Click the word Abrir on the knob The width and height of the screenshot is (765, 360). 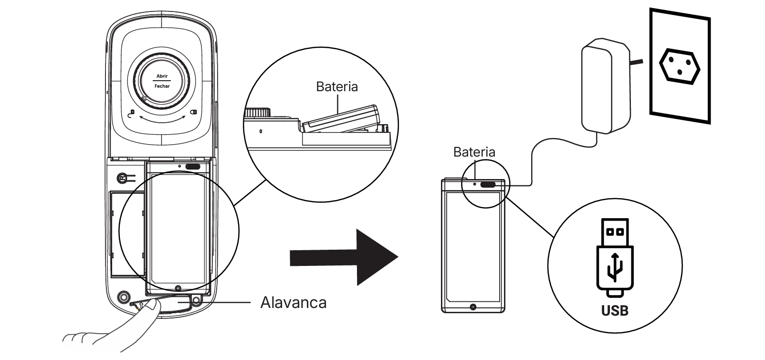tap(162, 76)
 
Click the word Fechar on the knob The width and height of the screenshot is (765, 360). tap(162, 86)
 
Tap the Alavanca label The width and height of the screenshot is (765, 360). tap(293, 302)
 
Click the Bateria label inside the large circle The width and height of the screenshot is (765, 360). tap(336, 87)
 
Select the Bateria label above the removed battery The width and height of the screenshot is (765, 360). tap(474, 152)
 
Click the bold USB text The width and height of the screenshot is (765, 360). tap(615, 311)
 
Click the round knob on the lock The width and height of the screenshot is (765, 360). tap(162, 81)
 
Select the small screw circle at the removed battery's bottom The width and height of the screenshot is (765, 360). tap(473, 307)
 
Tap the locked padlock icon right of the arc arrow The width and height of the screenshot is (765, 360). tap(193, 113)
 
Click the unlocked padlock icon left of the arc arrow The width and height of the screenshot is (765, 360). tap(132, 113)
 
